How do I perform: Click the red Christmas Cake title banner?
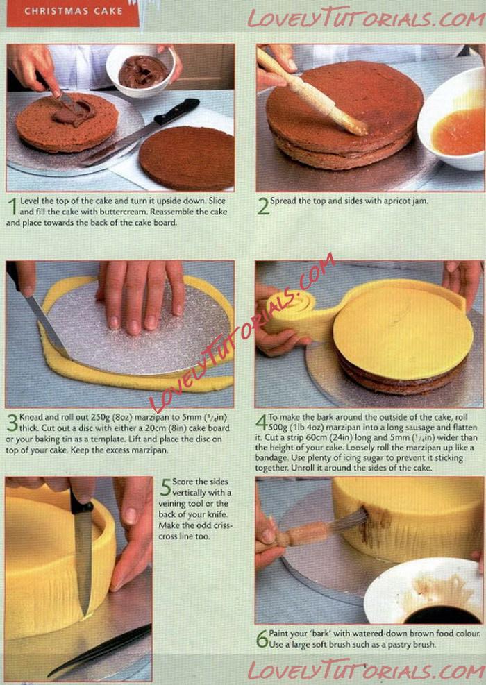tap(72, 13)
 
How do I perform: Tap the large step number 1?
tap(13, 206)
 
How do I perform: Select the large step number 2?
tap(263, 206)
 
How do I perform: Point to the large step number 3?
tap(12, 423)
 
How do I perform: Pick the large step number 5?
tap(165, 487)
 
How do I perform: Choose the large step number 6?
tap(262, 639)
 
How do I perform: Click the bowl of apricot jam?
tap(453, 120)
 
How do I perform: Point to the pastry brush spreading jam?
tap(311, 92)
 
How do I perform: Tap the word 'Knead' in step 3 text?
tap(29, 417)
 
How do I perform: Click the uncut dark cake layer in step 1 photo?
tap(187, 158)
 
